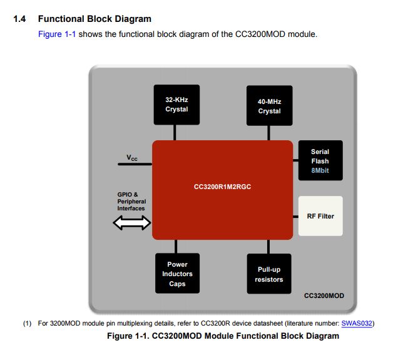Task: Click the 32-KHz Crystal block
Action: point(177,105)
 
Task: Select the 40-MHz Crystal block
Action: point(269,106)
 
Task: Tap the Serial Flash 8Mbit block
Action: point(320,160)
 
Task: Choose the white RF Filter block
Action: point(320,216)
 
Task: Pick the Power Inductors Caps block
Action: point(177,274)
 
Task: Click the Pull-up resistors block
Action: point(269,274)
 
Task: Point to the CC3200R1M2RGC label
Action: point(222,186)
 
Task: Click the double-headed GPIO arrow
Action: point(132,222)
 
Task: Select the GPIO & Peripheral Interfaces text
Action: point(131,202)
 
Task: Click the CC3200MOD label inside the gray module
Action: point(324,295)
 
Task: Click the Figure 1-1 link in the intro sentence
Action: point(57,34)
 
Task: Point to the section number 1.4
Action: point(20,19)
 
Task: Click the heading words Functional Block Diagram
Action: point(94,19)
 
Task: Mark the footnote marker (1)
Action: point(28,324)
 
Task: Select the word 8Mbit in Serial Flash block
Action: point(320,170)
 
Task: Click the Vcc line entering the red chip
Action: point(135,164)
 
